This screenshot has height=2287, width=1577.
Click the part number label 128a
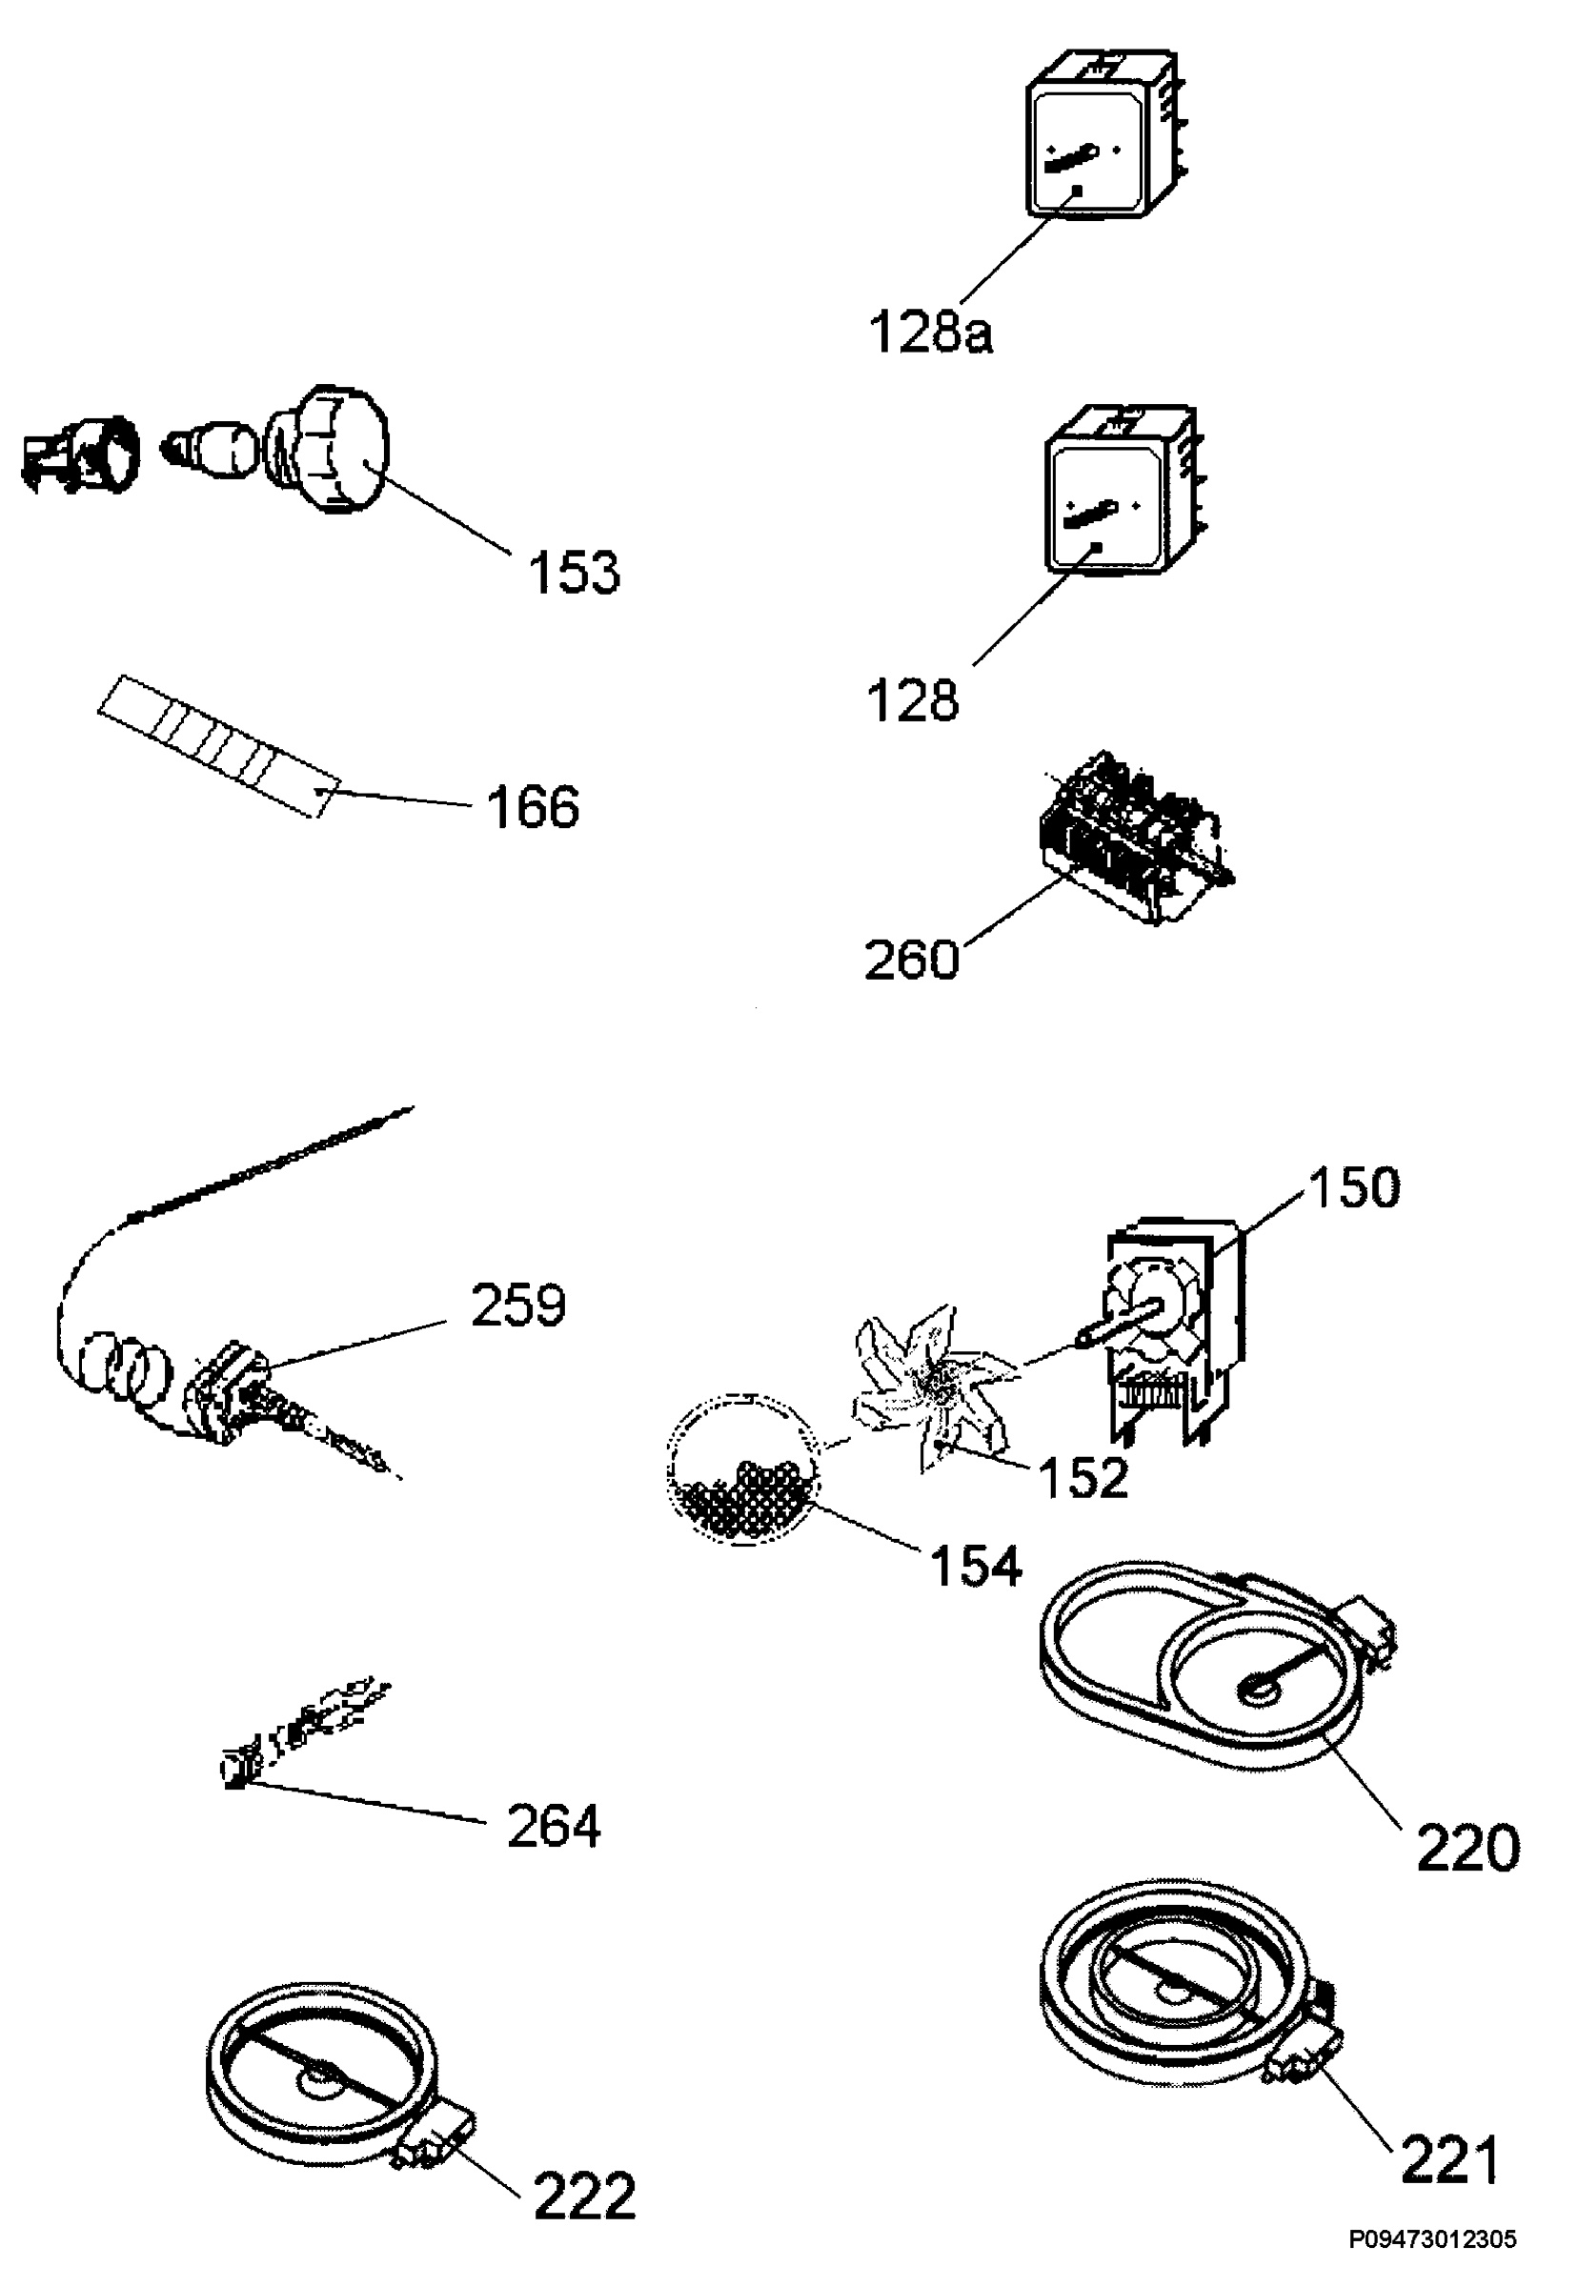pos(931,332)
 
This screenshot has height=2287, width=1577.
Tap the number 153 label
pos(574,572)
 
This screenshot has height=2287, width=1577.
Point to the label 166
pos(533,807)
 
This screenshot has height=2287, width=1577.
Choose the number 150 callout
pos(1354,1187)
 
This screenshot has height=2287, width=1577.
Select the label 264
pos(554,1827)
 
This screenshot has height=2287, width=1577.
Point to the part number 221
pos(1449,2161)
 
